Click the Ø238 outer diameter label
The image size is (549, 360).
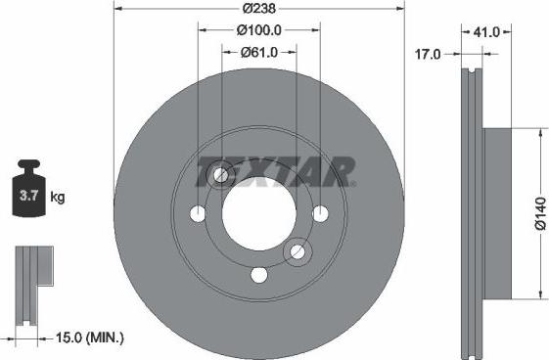[x=259, y=8]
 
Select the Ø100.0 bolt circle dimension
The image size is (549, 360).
[x=259, y=30]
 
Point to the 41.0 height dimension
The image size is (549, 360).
[x=486, y=32]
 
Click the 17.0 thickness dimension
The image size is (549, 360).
[x=426, y=57]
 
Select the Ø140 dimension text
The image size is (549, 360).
[x=539, y=214]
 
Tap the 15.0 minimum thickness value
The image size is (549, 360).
[x=65, y=338]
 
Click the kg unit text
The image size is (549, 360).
[x=58, y=198]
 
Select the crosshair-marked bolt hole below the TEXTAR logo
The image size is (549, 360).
[x=221, y=176]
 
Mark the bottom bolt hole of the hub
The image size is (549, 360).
[x=258, y=275]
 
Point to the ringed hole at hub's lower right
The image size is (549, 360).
[x=297, y=254]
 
